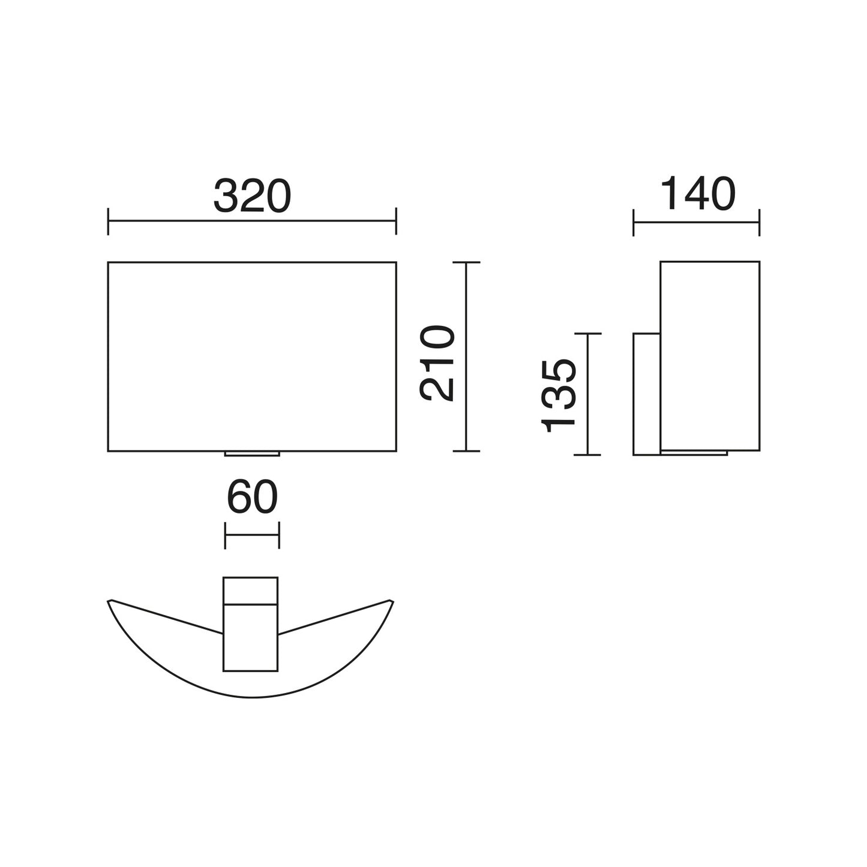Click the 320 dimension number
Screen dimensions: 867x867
[253, 196]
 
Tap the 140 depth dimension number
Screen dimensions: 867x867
[698, 193]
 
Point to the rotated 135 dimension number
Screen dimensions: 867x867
[559, 395]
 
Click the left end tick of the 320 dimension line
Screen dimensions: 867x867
[108, 221]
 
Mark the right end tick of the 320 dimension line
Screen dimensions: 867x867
[396, 221]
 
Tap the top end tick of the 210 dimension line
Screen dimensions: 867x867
[467, 262]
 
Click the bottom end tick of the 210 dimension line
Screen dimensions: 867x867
[467, 451]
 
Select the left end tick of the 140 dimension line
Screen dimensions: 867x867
[634, 223]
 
